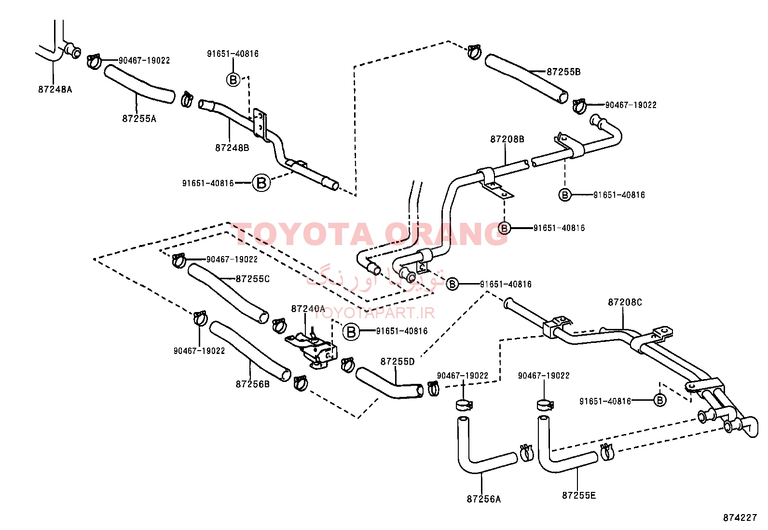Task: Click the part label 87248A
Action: tap(55, 90)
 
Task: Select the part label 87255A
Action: tap(139, 119)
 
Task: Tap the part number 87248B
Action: tap(232, 148)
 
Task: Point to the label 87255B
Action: tap(563, 72)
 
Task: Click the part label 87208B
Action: tap(507, 139)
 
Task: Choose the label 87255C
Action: tap(253, 279)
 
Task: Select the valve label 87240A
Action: tap(308, 309)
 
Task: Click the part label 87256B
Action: tap(253, 384)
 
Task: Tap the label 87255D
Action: tap(398, 362)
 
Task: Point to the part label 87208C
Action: tap(625, 302)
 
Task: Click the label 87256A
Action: tap(484, 499)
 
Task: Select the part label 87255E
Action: tap(579, 495)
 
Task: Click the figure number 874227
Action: tap(740, 517)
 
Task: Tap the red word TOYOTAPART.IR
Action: tap(374, 313)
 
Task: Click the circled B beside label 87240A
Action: tap(351, 332)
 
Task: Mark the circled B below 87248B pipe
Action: tap(261, 183)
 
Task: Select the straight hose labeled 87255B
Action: tap(526, 78)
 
